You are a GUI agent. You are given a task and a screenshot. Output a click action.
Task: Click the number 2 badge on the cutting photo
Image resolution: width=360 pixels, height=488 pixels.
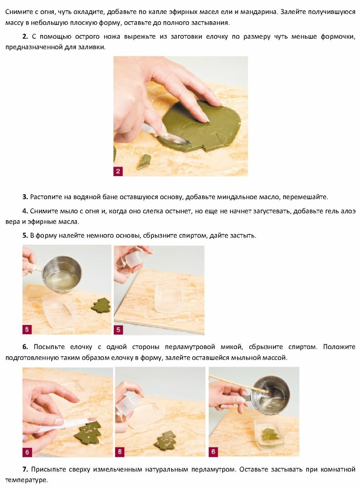118,171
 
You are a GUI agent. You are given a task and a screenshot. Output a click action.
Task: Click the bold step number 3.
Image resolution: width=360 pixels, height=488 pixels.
25,197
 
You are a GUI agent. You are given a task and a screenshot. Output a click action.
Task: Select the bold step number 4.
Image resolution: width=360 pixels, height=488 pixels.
25,211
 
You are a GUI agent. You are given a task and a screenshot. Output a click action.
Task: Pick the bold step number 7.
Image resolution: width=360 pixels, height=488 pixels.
25,469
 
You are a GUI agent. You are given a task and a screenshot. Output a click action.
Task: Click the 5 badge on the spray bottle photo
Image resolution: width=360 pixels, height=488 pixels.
118,329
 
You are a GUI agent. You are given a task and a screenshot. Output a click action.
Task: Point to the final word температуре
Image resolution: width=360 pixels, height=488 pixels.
27,480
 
